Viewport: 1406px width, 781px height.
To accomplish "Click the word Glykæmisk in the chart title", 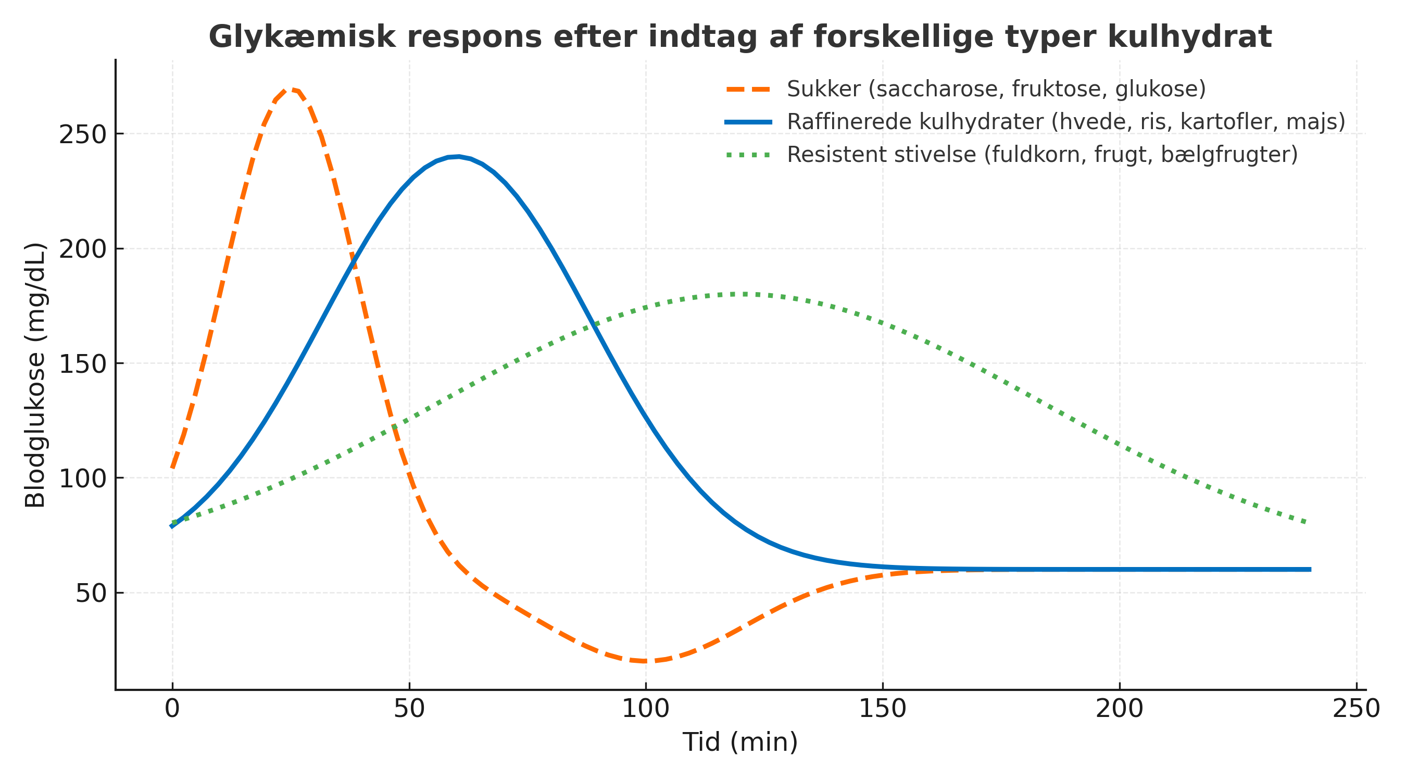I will coord(302,37).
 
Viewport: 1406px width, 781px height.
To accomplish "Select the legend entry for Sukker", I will coord(996,89).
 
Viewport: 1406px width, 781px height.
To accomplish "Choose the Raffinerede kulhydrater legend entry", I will coord(1066,122).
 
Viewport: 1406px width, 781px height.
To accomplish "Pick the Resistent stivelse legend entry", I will coord(1042,155).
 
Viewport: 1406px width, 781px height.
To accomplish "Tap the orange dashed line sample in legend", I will coord(748,90).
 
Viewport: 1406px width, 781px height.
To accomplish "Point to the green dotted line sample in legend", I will coord(748,156).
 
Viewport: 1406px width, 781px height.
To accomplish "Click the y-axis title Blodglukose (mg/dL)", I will coord(35,375).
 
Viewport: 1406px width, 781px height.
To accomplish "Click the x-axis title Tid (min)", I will coord(739,742).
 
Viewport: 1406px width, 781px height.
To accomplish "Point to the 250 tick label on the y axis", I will coord(82,135).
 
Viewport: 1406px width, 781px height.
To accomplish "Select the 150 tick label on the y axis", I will coord(82,364).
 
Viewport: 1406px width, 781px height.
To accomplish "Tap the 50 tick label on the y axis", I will coord(91,593).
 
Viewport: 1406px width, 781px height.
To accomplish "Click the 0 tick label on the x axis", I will coord(172,709).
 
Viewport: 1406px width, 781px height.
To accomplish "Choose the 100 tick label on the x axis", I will coord(646,709).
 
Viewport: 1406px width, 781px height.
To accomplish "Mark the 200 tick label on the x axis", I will coord(1120,709).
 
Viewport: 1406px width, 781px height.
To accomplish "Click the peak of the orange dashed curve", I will coord(291,89).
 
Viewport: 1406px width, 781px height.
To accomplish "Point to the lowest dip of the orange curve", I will coord(645,661).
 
